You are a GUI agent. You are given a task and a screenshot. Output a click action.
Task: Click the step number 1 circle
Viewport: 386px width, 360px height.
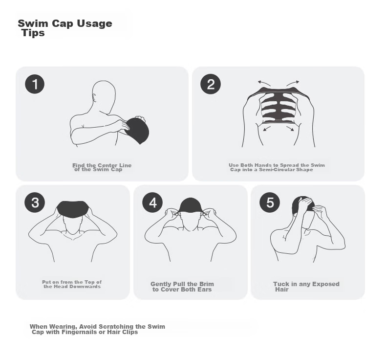tap(35, 84)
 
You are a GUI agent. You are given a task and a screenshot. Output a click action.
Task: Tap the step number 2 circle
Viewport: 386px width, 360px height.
tap(211, 84)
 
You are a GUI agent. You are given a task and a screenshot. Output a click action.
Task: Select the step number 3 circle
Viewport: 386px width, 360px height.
tap(35, 202)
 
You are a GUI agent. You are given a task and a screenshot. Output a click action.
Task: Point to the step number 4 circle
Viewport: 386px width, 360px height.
tap(152, 202)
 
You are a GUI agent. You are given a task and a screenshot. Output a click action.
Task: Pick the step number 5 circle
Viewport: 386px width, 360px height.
tap(270, 202)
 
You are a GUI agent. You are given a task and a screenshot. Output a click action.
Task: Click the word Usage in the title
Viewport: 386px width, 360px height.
tap(94, 24)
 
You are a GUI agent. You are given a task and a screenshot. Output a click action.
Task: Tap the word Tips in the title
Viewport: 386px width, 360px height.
tap(33, 33)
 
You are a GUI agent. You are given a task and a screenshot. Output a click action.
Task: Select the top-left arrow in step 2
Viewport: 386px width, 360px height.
tap(264, 83)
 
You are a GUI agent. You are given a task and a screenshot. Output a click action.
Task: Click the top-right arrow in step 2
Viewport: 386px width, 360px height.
tap(293, 83)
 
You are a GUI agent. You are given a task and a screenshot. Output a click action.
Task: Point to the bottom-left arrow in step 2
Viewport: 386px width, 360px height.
tap(267, 129)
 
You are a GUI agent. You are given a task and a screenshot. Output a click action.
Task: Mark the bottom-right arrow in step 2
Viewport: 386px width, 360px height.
tap(290, 129)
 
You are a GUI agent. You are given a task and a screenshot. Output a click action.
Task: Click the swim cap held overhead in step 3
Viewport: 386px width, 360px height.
tap(73, 209)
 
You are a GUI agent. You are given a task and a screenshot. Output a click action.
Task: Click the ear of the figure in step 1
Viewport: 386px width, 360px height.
tap(94, 97)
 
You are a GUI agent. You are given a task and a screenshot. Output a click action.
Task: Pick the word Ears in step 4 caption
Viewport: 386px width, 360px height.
tap(205, 290)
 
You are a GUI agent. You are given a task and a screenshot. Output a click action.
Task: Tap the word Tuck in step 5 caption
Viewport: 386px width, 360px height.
tap(281, 284)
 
